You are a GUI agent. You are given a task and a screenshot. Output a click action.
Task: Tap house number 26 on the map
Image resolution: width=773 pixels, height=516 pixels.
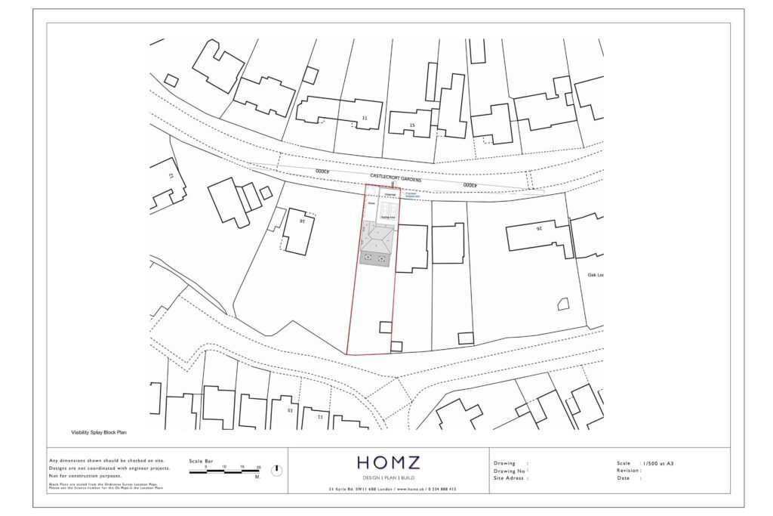539,227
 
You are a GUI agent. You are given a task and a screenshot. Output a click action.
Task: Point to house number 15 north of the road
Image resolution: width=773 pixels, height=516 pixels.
411,125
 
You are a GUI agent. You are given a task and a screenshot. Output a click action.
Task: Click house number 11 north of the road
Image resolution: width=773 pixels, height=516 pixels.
365,118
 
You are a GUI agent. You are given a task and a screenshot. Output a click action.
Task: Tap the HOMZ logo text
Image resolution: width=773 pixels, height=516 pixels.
388,462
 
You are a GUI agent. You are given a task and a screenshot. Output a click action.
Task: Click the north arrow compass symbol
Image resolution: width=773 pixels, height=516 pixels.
276,470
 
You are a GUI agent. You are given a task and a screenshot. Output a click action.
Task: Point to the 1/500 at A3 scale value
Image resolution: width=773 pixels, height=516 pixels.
658,463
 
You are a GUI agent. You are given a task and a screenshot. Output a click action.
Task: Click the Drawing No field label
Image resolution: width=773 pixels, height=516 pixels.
507,471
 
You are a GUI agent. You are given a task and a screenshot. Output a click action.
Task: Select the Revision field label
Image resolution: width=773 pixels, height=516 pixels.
629,471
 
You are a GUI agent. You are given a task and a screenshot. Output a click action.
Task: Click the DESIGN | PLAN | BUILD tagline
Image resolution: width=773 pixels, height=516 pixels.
388,478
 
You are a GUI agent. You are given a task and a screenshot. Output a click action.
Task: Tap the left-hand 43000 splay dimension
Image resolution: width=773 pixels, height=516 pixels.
322,171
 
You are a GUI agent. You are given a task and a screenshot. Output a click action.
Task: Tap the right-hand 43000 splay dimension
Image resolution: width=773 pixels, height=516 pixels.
469,185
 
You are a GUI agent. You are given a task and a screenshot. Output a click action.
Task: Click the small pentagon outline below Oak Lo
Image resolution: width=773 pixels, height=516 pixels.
562,304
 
